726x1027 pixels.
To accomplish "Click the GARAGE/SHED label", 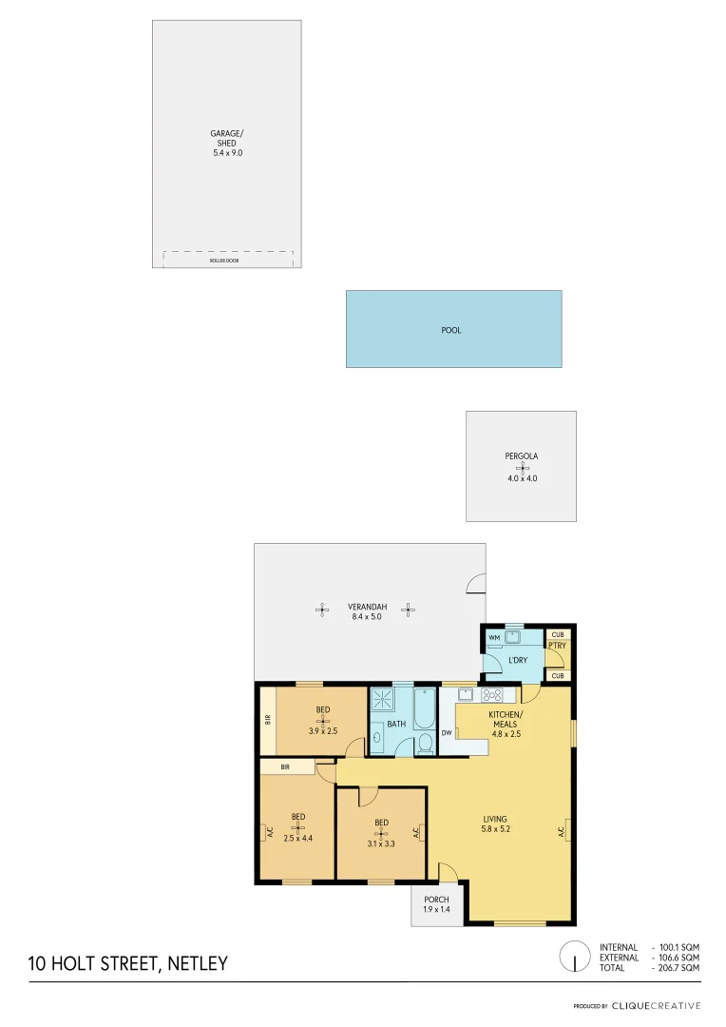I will (x=227, y=138).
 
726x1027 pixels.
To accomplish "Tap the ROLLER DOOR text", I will (x=224, y=260).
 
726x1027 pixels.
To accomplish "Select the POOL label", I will (x=451, y=330).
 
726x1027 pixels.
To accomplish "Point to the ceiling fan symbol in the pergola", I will (x=521, y=468).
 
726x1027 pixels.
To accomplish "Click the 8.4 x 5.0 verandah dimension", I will (x=365, y=617).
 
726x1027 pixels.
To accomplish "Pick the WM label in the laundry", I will (x=494, y=637).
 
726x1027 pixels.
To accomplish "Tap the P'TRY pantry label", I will (x=557, y=647).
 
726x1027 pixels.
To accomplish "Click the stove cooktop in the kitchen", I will (x=493, y=694).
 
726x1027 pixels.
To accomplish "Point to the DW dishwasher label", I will (x=447, y=733).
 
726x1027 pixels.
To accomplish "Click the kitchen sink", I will (x=467, y=694).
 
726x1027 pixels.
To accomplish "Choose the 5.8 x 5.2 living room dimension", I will (x=495, y=829).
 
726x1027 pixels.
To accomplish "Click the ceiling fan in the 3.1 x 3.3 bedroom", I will (x=381, y=834).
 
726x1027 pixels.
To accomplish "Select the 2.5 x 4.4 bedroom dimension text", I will (x=297, y=838).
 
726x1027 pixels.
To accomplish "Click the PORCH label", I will (x=436, y=900).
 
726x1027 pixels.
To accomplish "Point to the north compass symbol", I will (x=575, y=957).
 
